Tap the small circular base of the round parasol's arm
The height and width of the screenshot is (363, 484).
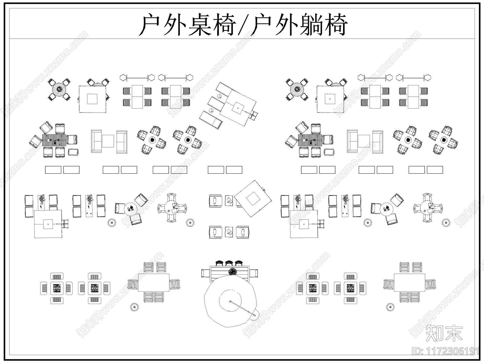point(255,316)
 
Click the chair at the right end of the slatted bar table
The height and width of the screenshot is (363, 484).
point(254,273)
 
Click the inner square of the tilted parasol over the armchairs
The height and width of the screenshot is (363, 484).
point(253,198)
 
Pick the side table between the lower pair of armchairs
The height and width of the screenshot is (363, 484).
point(229,232)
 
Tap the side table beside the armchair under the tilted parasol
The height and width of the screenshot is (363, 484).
point(229,201)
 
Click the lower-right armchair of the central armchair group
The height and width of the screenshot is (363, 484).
point(243,232)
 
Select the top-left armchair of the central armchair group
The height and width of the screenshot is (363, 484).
point(215,201)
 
